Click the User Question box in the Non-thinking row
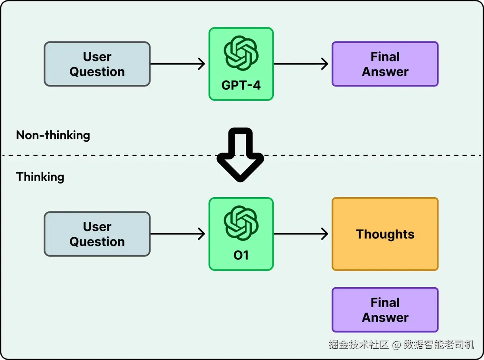[97, 64]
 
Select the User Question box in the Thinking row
[97, 234]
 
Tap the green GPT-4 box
[241, 64]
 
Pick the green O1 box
[241, 234]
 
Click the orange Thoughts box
[385, 234]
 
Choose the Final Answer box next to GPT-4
[385, 64]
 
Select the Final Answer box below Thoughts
[385, 310]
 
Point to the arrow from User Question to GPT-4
[178, 64]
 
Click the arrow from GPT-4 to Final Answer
[301, 64]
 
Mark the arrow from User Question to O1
[178, 234]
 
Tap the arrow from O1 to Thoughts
[301, 234]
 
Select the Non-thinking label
[53, 135]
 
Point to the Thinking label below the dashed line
[40, 177]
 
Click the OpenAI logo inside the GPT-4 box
[241, 53]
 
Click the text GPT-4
[241, 86]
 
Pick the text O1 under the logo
[241, 256]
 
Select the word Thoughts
[385, 234]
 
